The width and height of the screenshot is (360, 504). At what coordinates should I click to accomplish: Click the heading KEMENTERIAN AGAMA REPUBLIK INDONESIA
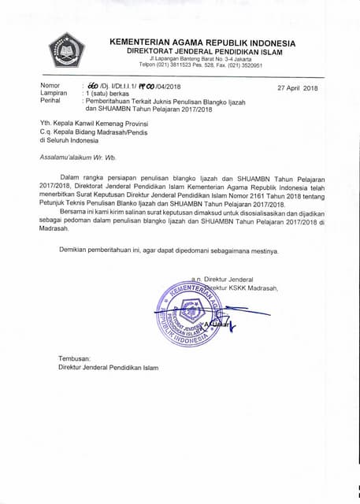(x=202, y=43)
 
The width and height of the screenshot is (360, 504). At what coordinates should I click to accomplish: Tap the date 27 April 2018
(x=296, y=87)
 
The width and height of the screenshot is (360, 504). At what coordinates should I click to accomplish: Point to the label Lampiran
(x=54, y=93)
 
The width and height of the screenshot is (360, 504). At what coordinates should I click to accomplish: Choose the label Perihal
(x=52, y=101)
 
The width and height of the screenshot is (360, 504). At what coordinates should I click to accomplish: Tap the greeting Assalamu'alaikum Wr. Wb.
(x=81, y=157)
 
